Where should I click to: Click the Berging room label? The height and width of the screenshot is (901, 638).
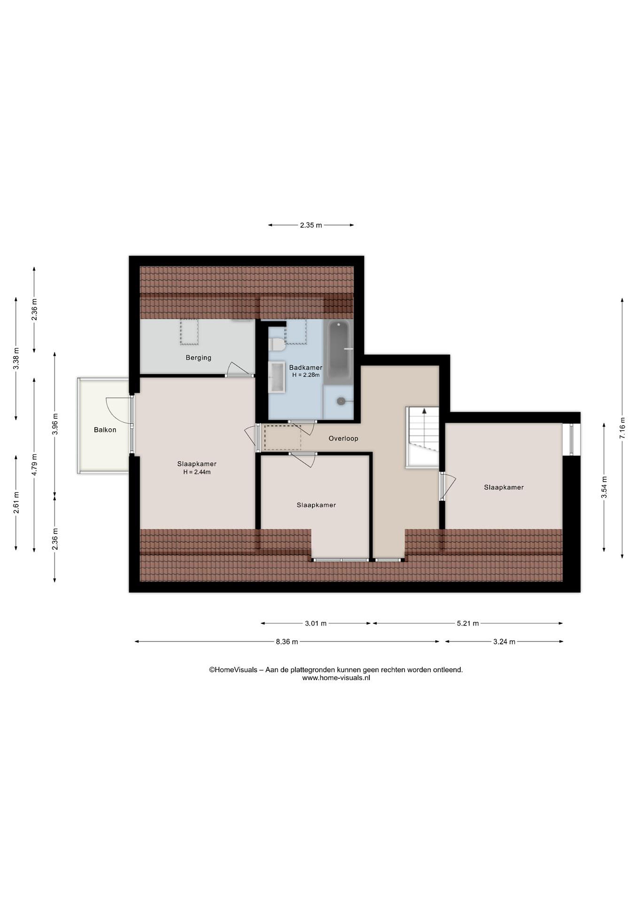point(198,358)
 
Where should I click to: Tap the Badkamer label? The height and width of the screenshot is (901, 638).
point(306,368)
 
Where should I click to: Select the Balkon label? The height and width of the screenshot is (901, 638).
point(105,430)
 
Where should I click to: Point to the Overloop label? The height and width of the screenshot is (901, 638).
point(343,438)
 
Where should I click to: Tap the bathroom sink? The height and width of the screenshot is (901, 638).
point(277,377)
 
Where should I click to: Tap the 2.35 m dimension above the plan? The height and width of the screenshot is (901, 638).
point(311,225)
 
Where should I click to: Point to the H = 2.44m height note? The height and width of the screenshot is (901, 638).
point(197,472)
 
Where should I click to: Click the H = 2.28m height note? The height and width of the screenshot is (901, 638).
point(306,375)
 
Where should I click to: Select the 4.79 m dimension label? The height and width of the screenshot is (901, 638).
point(34,465)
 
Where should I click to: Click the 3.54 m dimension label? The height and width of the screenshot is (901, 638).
point(604,487)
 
